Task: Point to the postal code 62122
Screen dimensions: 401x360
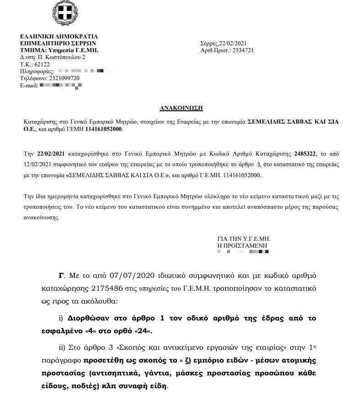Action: (42, 65)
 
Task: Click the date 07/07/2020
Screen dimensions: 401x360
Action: (131, 276)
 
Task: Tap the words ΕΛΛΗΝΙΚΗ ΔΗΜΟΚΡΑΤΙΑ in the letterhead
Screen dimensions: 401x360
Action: (59, 36)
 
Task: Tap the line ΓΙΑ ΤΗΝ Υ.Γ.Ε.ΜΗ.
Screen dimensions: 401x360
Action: (244, 238)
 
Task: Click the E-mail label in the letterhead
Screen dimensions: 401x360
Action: (29, 85)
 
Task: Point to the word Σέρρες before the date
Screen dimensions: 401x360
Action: (209, 43)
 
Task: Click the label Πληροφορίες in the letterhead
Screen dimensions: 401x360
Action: (37, 71)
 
